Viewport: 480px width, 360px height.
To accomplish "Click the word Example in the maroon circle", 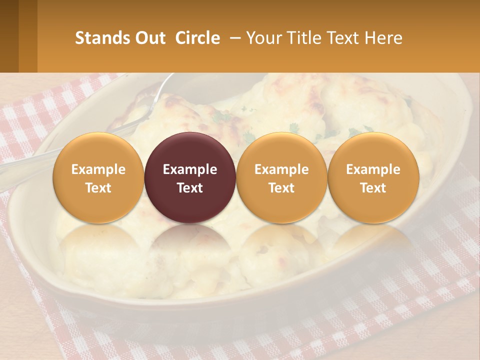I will coord(190,169).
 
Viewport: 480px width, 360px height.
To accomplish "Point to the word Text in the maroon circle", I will coord(190,188).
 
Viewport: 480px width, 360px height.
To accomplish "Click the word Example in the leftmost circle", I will coord(98,169).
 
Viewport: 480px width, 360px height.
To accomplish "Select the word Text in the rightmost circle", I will coord(373,188).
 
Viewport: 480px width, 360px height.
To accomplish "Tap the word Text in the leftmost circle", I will coord(98,188).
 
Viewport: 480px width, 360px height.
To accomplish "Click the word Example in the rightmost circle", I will coord(373,169).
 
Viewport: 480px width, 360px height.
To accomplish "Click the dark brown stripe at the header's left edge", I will coord(9,36).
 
